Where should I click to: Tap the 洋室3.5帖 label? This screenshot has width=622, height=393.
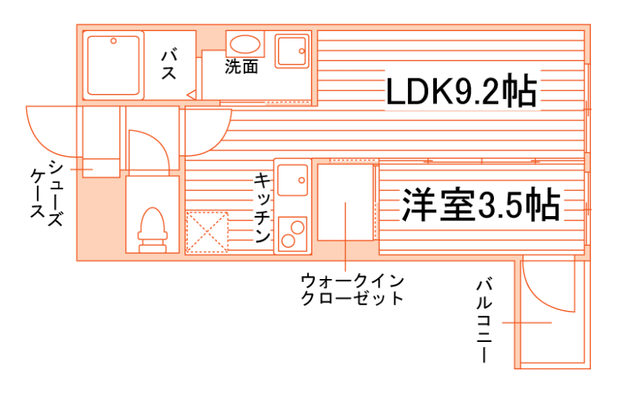pos(480,205)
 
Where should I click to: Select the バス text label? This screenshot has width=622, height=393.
pos(168,64)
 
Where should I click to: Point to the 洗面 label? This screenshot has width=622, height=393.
pos(241,67)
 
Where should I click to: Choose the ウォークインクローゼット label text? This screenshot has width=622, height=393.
pos(352,289)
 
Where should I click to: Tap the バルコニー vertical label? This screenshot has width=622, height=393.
pos(485,319)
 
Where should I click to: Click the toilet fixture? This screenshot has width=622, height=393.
pos(151,226)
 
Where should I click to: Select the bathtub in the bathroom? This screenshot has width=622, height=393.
pos(114,65)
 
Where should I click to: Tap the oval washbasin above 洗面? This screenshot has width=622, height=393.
pos(241,42)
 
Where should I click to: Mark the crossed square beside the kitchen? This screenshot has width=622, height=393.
pos(207,232)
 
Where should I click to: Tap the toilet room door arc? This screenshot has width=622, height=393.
pos(152,148)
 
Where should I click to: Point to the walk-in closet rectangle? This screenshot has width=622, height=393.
pos(346,202)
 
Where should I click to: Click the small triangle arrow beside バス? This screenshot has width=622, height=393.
pos(190,95)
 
